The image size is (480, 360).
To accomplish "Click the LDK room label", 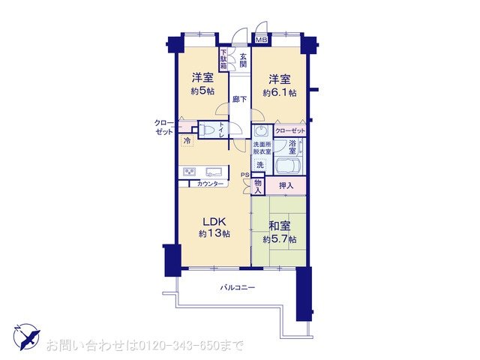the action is point(214,221).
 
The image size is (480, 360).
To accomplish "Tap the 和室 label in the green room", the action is point(280,226).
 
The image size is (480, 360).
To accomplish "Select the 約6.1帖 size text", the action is point(280,92).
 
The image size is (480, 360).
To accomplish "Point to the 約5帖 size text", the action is point(202,91).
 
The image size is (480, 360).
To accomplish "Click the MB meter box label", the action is point(262,40).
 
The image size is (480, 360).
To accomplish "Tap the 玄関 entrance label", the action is point(243,60).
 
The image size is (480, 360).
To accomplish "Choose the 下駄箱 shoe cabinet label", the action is point(223,58).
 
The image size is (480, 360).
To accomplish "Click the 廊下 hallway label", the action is point(240,99).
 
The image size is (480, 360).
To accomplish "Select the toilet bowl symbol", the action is point(207,130).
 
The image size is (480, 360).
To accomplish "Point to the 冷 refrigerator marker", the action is point(187,141).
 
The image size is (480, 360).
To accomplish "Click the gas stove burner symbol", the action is point(190,172).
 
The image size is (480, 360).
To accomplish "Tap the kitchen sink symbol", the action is point(214,172).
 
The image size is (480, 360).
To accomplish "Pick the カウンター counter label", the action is point(210,184).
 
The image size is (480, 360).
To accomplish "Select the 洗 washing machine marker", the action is point(260,165).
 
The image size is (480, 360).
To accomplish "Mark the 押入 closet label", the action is point(286,185).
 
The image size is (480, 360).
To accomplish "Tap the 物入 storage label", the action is point(258,187).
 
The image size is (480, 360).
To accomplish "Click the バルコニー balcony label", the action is point(238,288).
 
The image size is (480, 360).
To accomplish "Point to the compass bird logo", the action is point(27,337).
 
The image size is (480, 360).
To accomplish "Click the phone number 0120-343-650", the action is point(179,346).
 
